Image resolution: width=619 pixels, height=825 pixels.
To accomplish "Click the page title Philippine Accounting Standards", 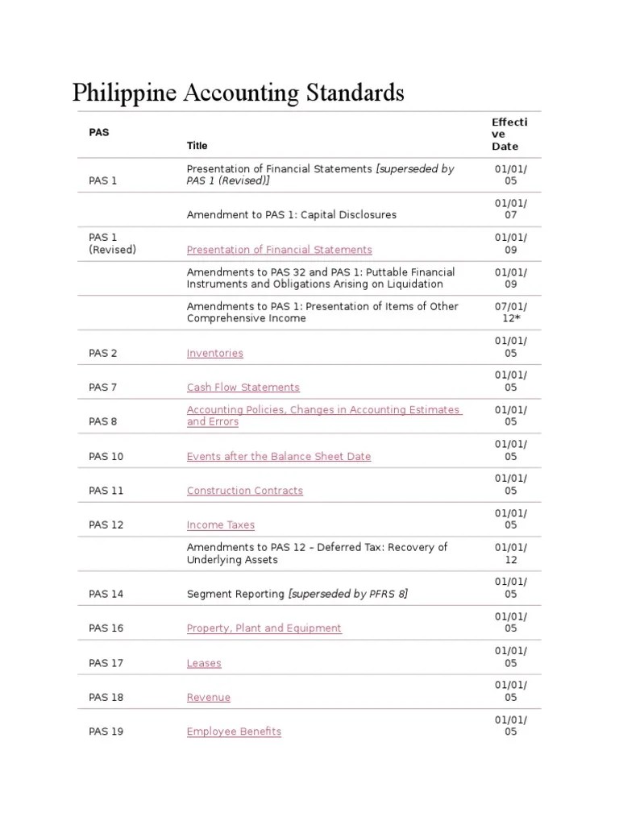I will point(239,93).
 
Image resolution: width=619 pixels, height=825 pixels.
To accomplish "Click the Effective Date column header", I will point(509,134).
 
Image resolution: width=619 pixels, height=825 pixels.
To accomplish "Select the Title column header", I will point(197,146).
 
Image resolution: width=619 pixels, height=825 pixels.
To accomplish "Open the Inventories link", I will point(214,353).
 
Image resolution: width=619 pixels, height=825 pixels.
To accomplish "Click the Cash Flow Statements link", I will point(243,388).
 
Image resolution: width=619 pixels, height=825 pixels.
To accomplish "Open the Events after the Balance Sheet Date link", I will point(279,456).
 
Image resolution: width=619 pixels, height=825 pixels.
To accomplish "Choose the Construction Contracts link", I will point(245,491).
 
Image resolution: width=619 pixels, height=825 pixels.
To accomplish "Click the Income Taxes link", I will point(220,524).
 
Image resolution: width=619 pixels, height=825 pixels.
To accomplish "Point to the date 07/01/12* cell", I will point(511,312).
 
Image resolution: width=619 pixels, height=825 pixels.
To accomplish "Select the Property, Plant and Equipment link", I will point(264,628).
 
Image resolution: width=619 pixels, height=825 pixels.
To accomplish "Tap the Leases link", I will point(204,663).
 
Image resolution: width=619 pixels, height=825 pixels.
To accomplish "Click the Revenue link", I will point(208,698).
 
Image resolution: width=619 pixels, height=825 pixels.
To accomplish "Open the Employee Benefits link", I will point(234,732).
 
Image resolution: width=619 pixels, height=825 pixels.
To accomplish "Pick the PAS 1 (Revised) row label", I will point(112,243).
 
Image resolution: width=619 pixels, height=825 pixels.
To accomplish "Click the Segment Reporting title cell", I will point(297,594).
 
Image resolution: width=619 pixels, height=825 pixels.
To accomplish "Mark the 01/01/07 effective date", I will point(511,209).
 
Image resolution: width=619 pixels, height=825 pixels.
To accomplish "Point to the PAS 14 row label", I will point(106,594).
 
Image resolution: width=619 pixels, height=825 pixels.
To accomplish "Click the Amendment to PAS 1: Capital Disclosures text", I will point(291,215).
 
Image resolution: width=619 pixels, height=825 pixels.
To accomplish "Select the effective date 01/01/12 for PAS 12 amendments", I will point(511,553).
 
